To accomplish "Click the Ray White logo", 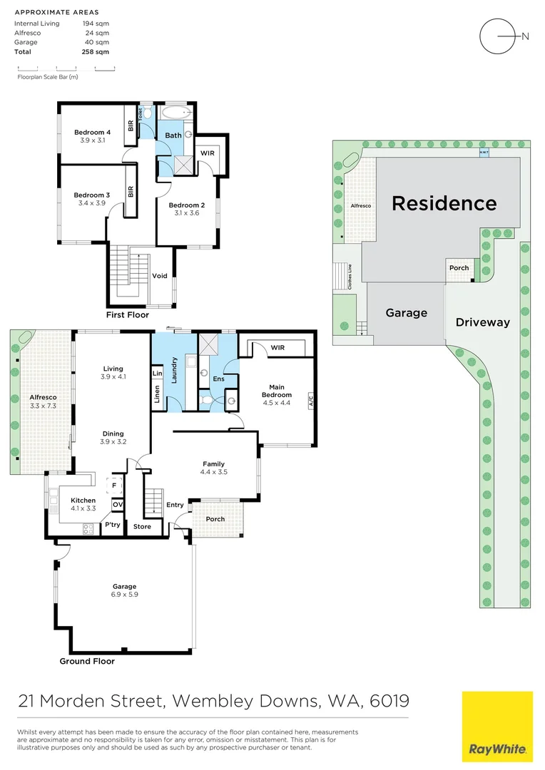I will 497,726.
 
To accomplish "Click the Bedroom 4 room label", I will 93,132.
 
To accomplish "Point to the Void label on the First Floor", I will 160,276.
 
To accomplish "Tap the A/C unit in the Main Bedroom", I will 310,401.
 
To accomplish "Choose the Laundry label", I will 173,371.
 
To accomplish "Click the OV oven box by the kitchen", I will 117,505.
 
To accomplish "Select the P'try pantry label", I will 112,525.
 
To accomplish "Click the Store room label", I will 142,527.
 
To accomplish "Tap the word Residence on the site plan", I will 444,203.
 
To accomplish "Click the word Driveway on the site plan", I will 483,322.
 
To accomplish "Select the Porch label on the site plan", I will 459,268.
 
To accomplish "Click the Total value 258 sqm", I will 96,52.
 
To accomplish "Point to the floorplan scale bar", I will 66,68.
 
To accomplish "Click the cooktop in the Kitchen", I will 88,528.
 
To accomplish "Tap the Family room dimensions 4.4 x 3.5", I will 215,472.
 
